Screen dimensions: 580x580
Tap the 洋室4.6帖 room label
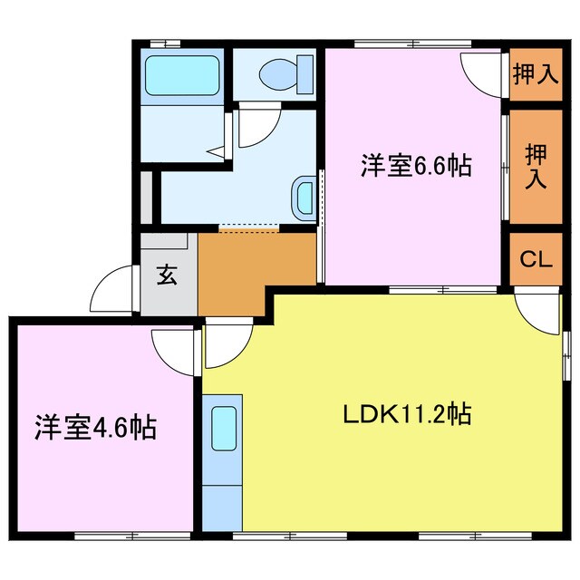coord(96,426)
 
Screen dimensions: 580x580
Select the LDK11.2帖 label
coord(405,416)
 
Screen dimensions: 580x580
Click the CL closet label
coord(536,259)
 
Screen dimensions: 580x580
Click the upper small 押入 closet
coord(535,73)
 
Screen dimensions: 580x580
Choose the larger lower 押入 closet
coord(535,166)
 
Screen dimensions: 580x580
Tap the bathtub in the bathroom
coord(184,75)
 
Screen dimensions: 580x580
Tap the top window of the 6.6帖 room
coord(412,43)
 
